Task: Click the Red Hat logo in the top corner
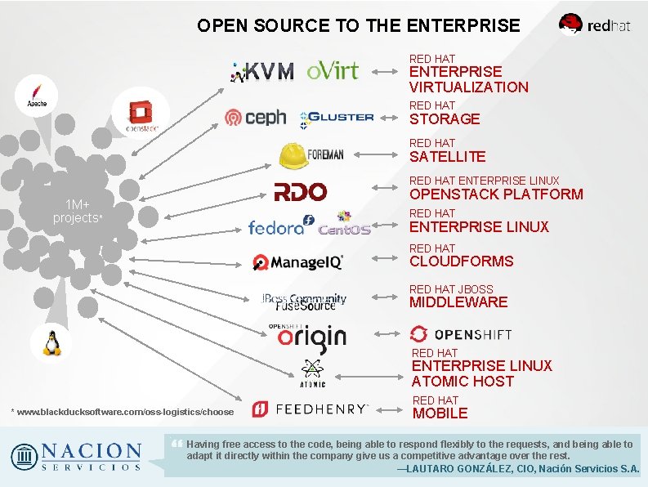tap(594, 24)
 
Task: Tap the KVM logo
tap(262, 71)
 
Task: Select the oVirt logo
tap(333, 70)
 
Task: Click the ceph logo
tap(256, 118)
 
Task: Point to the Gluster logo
tap(337, 118)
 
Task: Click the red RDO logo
tap(301, 192)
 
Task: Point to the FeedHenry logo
tap(311, 409)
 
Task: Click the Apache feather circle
tap(37, 96)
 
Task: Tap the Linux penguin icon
tap(52, 342)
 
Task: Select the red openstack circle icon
tap(141, 113)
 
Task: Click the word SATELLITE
tap(447, 157)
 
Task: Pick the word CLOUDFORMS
tap(461, 261)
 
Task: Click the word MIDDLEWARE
tap(458, 302)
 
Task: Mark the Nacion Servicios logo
tap(76, 456)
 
